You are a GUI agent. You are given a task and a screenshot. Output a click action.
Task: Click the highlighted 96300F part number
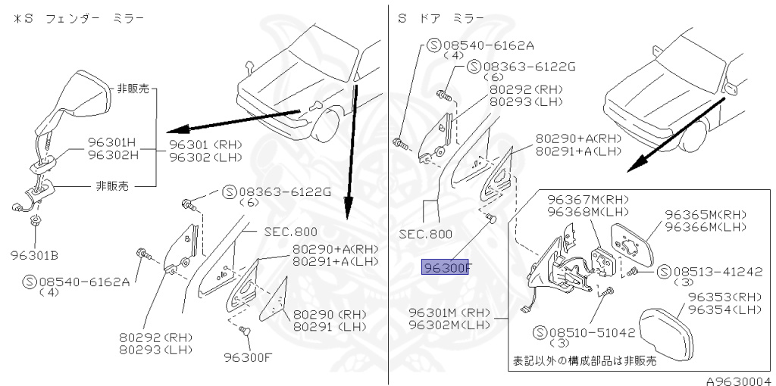pos(447,266)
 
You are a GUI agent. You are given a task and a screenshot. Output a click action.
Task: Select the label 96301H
pos(111,142)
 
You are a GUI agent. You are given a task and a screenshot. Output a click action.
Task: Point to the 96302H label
pos(111,154)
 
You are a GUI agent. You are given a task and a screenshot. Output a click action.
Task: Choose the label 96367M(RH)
pos(580,200)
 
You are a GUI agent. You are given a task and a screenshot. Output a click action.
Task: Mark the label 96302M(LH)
pos(449,325)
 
